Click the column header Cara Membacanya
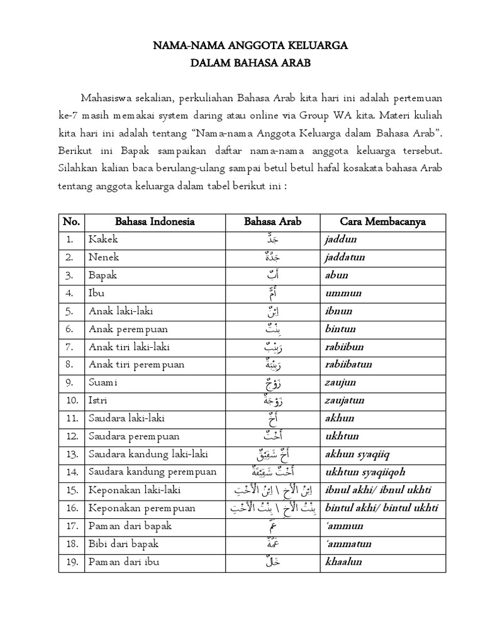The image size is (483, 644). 382,221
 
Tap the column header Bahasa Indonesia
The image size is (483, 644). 155,221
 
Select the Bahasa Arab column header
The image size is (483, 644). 272,221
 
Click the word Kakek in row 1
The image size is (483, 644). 104,240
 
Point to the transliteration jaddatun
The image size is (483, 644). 345,257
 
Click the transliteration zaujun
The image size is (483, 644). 340,382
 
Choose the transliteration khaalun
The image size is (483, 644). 343,561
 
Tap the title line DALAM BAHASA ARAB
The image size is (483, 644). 241,63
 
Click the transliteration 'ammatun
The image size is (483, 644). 348,543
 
